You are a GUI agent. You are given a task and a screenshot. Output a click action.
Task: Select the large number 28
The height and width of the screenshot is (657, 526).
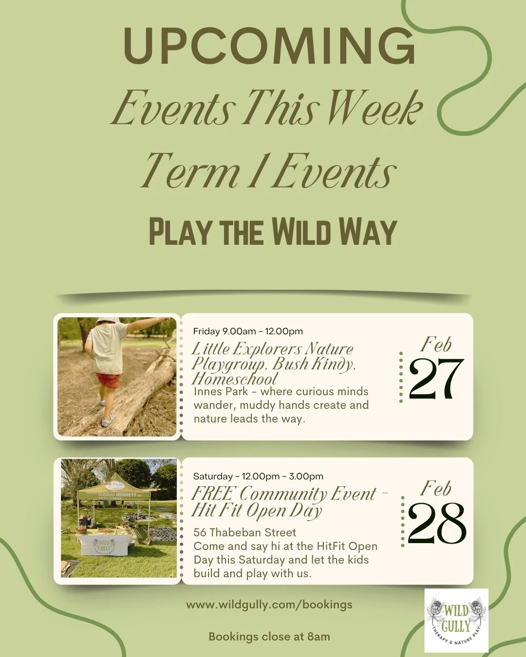pos(436,524)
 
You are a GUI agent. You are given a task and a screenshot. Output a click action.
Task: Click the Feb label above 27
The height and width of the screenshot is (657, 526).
pos(436,345)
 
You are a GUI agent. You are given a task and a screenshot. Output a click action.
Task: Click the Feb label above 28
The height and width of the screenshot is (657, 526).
pos(436,489)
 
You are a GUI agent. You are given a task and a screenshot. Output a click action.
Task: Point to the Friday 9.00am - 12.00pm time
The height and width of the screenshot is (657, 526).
pos(248,331)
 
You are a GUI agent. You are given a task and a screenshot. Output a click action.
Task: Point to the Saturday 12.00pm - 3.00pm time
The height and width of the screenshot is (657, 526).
pos(258,476)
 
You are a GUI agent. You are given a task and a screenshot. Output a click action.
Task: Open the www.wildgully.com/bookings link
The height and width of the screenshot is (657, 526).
pos(269,605)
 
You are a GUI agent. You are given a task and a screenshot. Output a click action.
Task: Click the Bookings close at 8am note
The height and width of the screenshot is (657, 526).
pos(269,637)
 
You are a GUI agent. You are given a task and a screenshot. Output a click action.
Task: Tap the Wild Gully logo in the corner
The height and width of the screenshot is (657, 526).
pos(456,620)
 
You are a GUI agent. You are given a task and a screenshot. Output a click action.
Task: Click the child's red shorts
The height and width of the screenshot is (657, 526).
pos(108,380)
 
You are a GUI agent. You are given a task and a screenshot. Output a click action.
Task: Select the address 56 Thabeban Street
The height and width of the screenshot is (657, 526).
pos(244,532)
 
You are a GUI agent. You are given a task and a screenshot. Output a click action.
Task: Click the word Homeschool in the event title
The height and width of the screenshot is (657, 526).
pos(235,379)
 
